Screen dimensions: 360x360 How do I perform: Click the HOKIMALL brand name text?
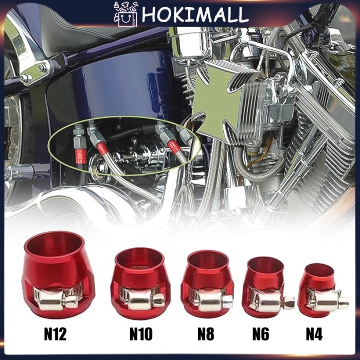click(195, 15)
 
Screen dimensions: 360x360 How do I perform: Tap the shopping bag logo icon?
click(125, 15)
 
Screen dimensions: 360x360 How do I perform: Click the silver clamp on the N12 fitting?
click(57, 298)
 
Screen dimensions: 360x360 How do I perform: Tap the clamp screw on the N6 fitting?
click(290, 302)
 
